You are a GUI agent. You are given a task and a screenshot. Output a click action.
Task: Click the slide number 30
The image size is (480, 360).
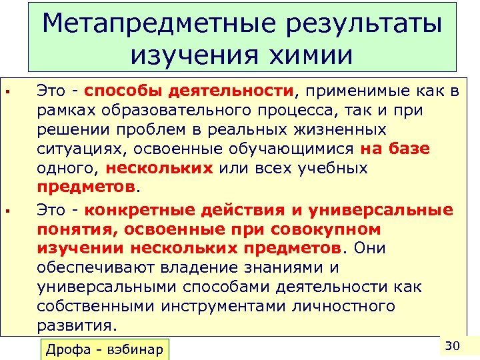[x=453, y=345]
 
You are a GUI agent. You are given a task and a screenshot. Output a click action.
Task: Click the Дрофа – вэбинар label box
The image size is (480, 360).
[x=106, y=350]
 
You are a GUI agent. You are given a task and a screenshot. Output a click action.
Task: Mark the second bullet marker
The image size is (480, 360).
[x=7, y=211]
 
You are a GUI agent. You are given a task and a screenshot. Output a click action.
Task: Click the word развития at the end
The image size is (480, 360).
[x=75, y=325]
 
